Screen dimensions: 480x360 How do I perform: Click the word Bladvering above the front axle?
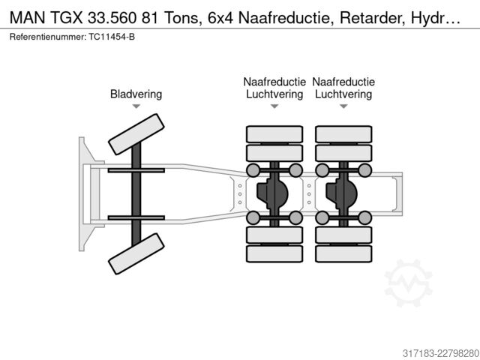click(136, 94)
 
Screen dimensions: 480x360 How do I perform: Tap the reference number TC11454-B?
click(112, 37)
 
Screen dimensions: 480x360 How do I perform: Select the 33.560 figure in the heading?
click(112, 18)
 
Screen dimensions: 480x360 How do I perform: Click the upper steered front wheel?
click(136, 134)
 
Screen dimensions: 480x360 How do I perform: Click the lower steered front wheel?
click(136, 253)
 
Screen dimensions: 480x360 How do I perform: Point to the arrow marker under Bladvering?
click(136, 106)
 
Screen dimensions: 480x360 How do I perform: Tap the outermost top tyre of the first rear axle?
click(274, 134)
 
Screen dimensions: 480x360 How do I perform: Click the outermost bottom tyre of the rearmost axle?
click(343, 253)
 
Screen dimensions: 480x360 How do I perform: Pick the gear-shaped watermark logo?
click(408, 283)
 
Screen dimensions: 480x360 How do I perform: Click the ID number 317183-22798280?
click(440, 353)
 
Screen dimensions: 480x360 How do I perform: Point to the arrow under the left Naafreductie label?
click(274, 106)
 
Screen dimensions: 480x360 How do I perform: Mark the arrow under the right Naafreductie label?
click(343, 106)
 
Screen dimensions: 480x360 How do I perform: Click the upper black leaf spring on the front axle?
click(136, 170)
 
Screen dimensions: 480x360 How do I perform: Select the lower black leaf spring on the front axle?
click(136, 218)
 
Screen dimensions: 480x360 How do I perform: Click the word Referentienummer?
click(48, 37)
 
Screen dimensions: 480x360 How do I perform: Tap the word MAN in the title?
click(27, 18)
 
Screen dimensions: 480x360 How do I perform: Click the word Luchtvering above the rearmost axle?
click(343, 94)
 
